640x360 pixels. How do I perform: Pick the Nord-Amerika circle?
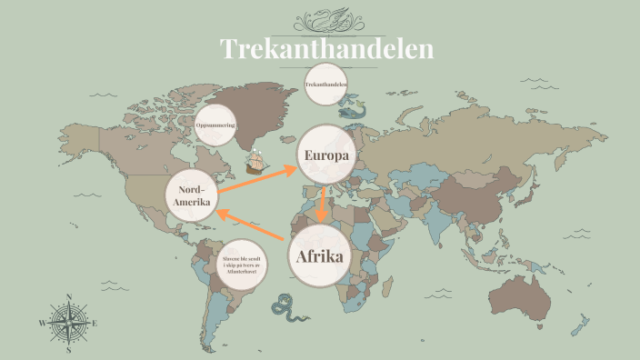tap(193, 195)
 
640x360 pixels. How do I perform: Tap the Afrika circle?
tap(320, 256)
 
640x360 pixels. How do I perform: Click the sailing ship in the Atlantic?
tap(259, 162)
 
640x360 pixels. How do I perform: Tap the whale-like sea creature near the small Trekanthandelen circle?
tap(352, 109)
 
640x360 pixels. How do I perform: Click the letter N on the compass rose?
tap(69, 297)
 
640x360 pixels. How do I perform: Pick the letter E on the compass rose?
tap(95, 323)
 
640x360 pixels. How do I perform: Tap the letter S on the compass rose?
tap(69, 350)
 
